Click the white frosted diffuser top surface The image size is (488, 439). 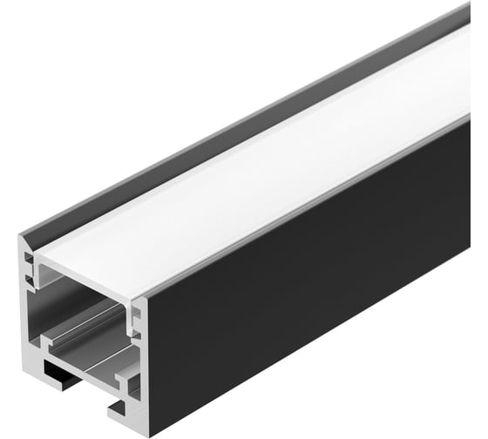[x=261, y=174]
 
